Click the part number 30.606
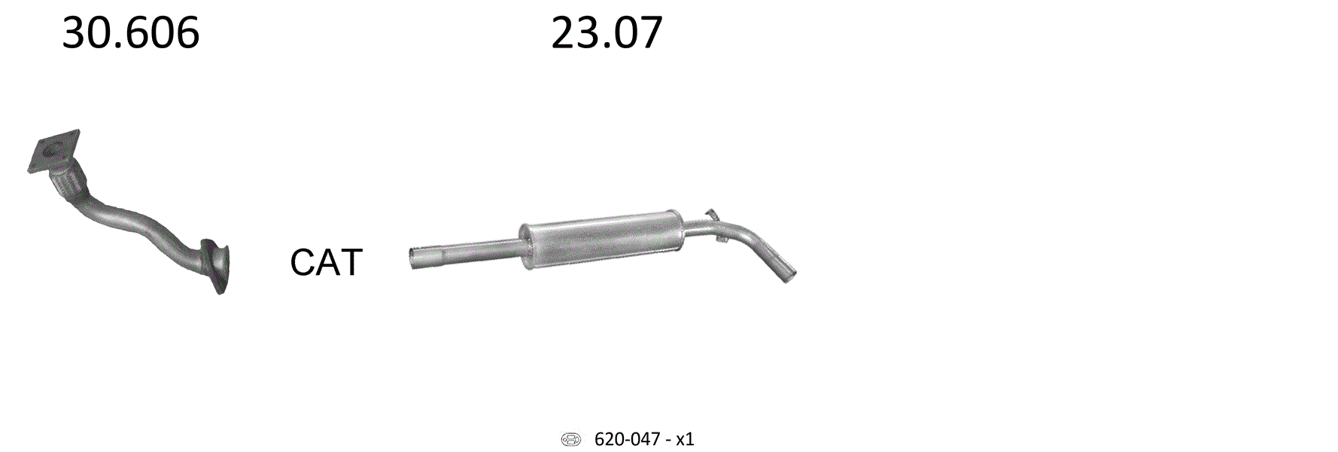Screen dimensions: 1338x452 pos(130,34)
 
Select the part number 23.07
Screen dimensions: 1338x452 pos(607,34)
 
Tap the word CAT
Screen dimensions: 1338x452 pos(327,262)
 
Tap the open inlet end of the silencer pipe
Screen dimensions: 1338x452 pos(413,258)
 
